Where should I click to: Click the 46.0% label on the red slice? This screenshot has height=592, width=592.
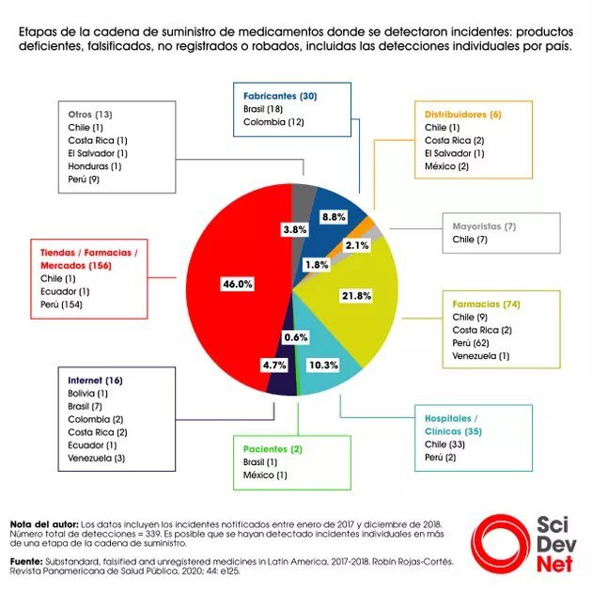238,284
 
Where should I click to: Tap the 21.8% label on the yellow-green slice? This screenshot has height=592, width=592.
356,295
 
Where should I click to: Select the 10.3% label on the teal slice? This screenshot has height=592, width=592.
321,364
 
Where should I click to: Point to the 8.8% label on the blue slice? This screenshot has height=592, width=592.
334,216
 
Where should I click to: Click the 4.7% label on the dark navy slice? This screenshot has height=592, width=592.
273,365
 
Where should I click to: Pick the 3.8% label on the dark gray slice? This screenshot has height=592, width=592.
296,228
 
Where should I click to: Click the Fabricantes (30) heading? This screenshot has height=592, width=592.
280,97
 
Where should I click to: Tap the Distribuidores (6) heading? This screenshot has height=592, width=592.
463,114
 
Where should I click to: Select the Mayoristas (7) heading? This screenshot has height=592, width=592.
485,226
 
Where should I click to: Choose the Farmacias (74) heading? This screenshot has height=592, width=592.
486,304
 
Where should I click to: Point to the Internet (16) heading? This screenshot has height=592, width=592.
96,380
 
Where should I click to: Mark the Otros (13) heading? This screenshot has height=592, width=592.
91,114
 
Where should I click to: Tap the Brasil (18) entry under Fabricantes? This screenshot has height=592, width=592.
264,110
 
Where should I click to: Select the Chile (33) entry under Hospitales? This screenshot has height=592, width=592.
445,443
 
